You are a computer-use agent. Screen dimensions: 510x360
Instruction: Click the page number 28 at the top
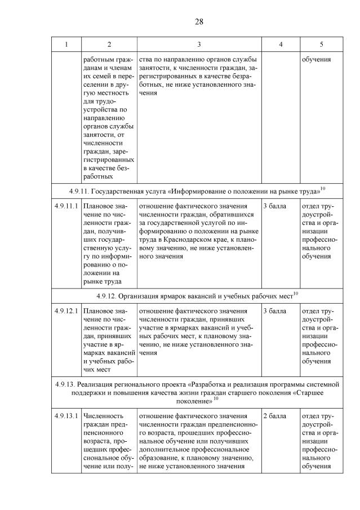tap(198, 22)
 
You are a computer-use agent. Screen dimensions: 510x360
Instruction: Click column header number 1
tap(66, 44)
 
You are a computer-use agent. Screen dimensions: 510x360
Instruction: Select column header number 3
tap(199, 44)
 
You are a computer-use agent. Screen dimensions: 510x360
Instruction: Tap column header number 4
tap(281, 44)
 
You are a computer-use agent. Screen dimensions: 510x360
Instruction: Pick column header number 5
tap(321, 44)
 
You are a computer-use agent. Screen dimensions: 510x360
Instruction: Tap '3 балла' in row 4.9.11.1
tap(274, 206)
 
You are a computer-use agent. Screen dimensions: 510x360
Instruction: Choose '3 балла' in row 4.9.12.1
tap(274, 311)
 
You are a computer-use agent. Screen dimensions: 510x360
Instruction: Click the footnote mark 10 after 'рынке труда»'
tap(323, 187)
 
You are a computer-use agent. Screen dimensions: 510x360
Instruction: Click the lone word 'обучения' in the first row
tap(316, 59)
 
